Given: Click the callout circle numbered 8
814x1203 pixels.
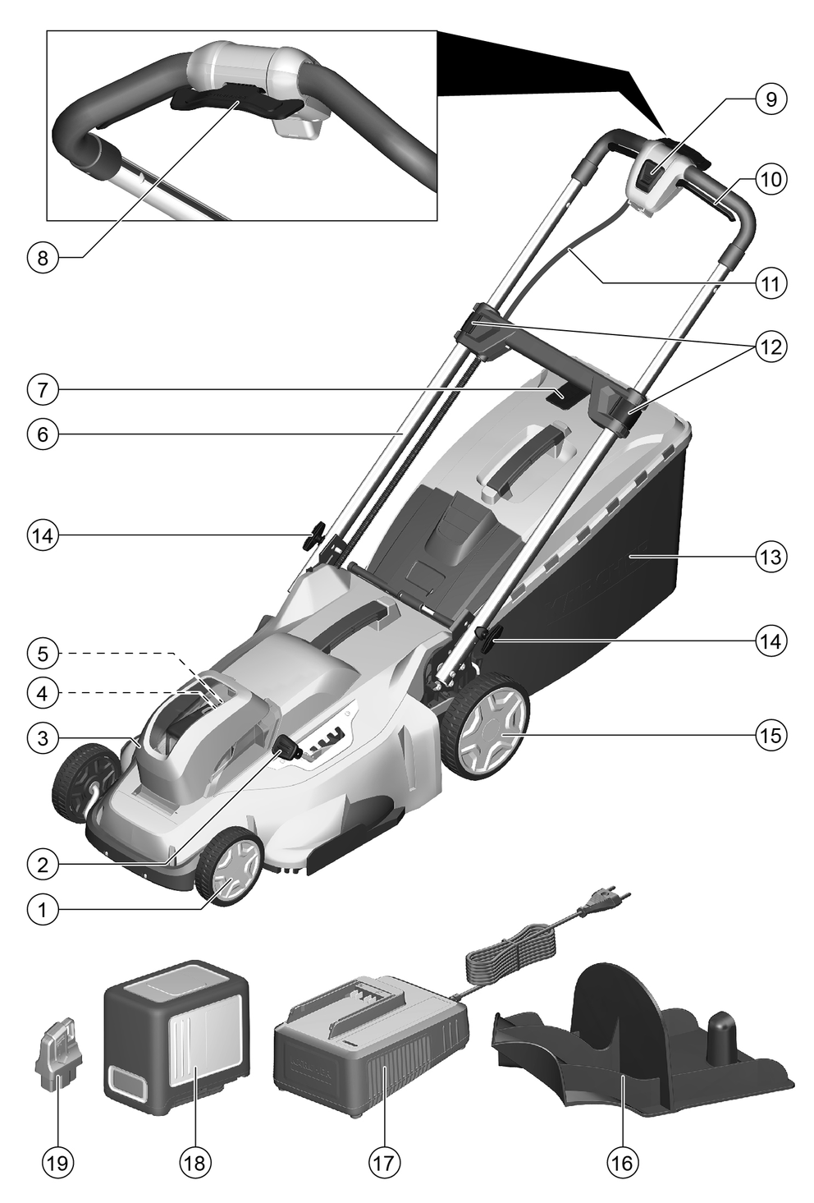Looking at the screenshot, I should click(x=42, y=257).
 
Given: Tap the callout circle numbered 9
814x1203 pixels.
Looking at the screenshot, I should click(x=771, y=99).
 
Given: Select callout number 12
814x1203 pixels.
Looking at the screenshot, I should click(x=771, y=347).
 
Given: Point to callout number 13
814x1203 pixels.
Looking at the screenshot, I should click(x=771, y=556).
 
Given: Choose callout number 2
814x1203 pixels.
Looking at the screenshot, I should click(x=42, y=864).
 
